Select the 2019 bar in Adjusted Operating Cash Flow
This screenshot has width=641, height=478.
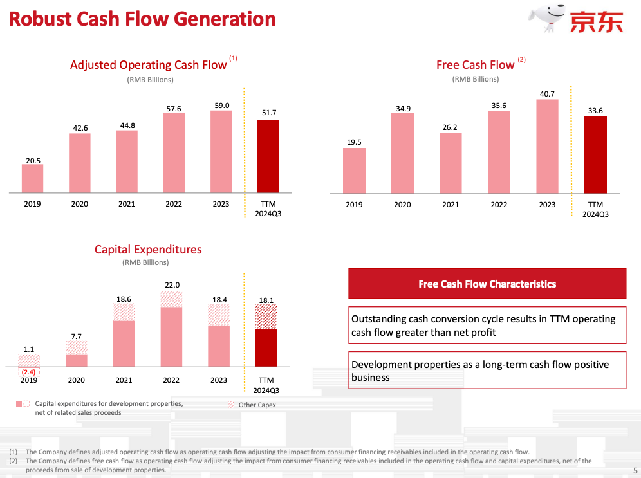pos(32,178)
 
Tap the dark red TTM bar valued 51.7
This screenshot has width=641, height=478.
pos(268,156)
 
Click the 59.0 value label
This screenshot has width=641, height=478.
pos(221,105)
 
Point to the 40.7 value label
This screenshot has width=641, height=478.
pos(547,94)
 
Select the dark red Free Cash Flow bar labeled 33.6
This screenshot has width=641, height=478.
pos(595,154)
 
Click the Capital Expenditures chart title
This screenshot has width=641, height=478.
pos(148,250)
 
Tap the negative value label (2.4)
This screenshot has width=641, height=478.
pos(28,372)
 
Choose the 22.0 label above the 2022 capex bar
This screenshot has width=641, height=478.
pos(172,285)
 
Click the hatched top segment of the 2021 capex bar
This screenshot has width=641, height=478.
pos(124,312)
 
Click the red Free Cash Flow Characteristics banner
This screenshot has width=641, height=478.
pos(487,284)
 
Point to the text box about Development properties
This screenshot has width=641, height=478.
pos(487,371)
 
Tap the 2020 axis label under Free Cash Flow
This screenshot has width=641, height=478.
pos(402,205)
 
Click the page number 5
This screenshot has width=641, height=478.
pos(635,470)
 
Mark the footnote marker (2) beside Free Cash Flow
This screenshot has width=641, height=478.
pos(521,60)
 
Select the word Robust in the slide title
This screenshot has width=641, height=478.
pos(39,19)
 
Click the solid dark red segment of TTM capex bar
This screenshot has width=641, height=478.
pos(266,348)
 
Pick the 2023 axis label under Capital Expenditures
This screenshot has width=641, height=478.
pos(219,380)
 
